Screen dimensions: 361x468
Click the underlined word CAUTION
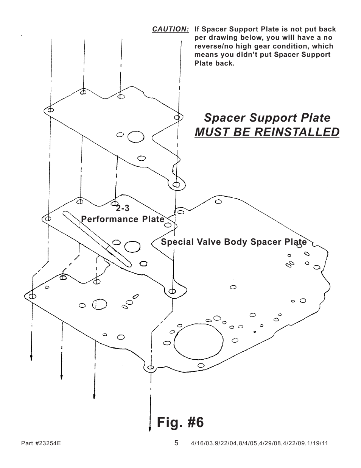170,29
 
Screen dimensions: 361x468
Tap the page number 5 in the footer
176,443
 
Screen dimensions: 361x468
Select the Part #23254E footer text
41,443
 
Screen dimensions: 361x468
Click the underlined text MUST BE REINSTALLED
267,132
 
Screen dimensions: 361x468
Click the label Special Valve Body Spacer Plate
234,242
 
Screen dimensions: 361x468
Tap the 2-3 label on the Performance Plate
123,208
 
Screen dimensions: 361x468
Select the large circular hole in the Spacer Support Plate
136,137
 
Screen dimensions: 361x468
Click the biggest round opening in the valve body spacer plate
198,342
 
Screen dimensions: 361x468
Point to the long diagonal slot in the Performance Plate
97,239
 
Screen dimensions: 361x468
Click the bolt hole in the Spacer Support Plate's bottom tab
176,185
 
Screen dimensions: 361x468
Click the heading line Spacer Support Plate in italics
267,117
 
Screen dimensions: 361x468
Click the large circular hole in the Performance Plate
132,247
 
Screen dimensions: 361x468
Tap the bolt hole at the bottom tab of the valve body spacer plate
151,367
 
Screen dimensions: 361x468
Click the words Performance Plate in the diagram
123,219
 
